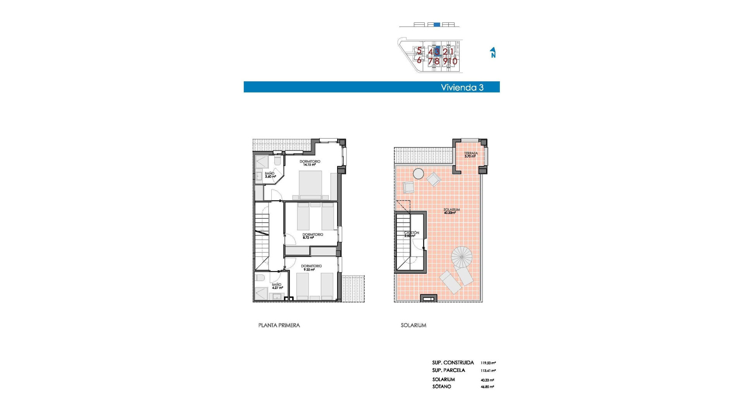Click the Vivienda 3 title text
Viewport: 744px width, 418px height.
point(462,87)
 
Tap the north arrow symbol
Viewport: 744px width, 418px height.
point(493,53)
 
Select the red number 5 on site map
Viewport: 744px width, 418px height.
point(419,50)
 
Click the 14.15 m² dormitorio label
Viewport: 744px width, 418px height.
point(310,163)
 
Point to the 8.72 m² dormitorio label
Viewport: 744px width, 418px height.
point(312,236)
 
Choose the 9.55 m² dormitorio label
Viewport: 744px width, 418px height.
point(311,267)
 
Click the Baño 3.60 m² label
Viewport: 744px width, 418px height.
point(270,175)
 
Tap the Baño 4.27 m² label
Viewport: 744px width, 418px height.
point(277,286)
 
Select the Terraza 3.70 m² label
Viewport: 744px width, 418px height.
point(470,155)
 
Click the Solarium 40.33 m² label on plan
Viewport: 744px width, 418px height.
point(451,211)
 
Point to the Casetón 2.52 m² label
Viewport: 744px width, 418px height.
point(411,234)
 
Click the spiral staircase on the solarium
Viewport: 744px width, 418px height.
point(462,257)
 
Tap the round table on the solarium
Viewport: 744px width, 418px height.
point(418,174)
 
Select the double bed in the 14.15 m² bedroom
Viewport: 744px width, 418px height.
point(310,185)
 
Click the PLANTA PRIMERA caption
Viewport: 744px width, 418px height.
point(279,325)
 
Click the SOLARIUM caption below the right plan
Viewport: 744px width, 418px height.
point(413,325)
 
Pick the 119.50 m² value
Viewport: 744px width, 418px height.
point(488,363)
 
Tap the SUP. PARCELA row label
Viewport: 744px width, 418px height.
point(448,370)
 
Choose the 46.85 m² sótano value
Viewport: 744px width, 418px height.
point(487,387)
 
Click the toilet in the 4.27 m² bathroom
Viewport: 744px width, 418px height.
point(260,278)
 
